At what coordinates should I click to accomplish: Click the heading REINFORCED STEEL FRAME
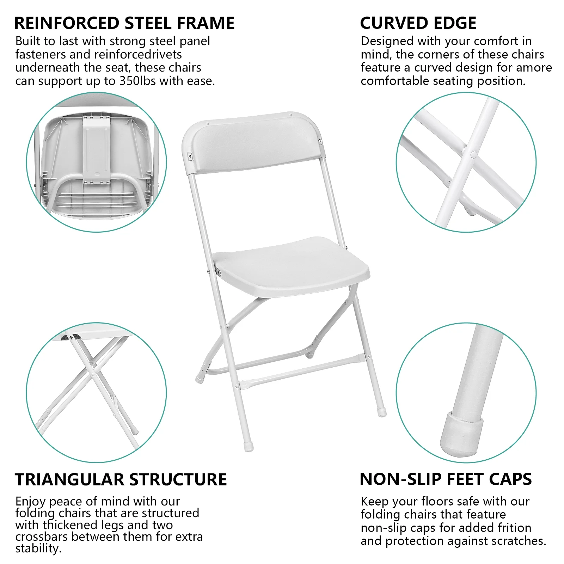coord(124,23)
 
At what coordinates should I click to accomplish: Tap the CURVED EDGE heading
coord(418,23)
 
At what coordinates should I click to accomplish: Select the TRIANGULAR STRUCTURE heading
coord(121,480)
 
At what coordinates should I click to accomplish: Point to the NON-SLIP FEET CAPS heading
coord(446,479)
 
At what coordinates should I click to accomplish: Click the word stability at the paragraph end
coord(38,548)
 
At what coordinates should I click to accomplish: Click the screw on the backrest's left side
coord(190,155)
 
